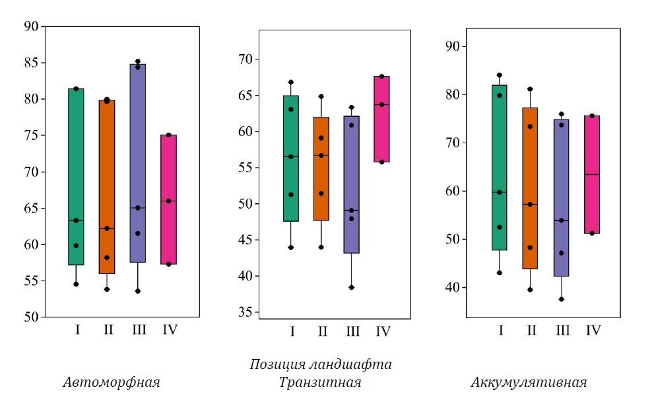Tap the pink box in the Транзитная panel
381,119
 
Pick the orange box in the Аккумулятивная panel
531,188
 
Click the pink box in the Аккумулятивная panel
592,174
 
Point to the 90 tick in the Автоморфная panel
30,26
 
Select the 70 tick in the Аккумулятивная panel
454,143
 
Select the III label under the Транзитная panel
352,331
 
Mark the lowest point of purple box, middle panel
352,287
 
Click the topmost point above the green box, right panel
500,75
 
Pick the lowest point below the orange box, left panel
107,289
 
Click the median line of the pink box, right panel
592,174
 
